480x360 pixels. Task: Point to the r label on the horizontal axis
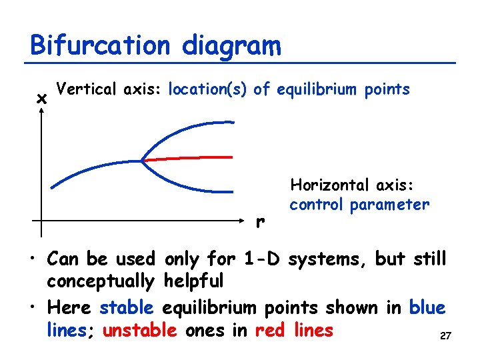pos(260,221)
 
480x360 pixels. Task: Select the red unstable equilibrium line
pos(193,158)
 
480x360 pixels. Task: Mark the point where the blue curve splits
pos(142,160)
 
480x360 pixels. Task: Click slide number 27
pos(445,337)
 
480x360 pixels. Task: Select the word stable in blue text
pos(127,308)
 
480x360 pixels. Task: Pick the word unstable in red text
pos(140,330)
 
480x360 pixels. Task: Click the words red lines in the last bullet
pos(294,330)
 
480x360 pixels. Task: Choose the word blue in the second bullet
pos(427,308)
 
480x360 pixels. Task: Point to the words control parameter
pos(359,205)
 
